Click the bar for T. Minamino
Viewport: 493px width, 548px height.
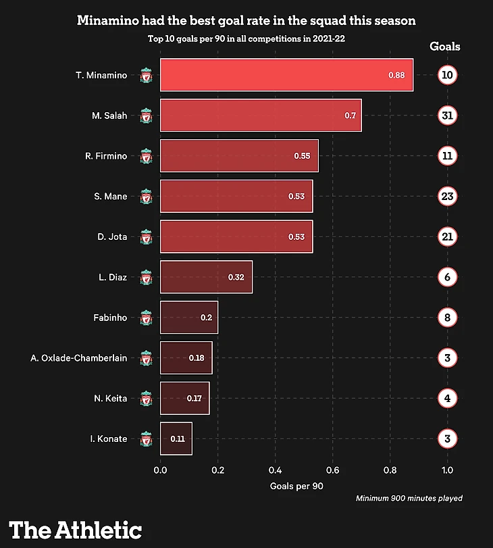point(286,75)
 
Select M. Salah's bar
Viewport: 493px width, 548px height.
point(261,116)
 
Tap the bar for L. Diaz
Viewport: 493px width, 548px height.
point(206,277)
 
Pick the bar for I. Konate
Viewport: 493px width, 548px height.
point(176,439)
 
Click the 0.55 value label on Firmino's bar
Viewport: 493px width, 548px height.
point(302,156)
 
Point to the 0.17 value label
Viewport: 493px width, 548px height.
point(194,399)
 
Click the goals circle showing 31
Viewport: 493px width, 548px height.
point(447,116)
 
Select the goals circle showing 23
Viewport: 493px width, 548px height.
point(447,197)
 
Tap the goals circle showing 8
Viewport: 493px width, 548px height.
point(447,318)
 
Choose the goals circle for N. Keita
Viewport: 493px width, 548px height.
point(447,399)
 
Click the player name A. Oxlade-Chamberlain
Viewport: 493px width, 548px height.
point(79,358)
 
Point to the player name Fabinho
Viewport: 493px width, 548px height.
point(110,318)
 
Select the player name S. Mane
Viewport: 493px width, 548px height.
point(111,197)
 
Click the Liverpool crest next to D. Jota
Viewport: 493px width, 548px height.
point(147,237)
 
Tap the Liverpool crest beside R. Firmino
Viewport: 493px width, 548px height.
point(147,157)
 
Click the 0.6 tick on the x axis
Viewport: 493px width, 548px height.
point(333,470)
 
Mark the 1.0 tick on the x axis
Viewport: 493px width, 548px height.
point(447,470)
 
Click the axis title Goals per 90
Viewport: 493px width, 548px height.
point(297,485)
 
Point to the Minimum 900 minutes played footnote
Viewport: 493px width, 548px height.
point(409,498)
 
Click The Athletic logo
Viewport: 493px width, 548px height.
point(76,529)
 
